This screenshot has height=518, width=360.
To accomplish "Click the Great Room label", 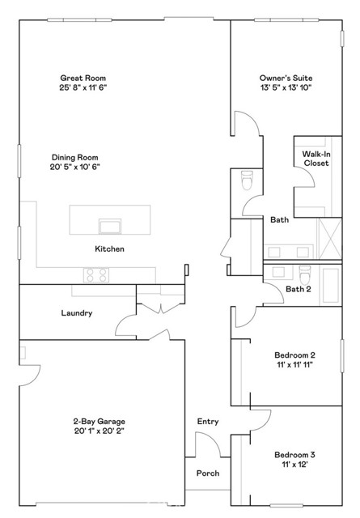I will point(73,79).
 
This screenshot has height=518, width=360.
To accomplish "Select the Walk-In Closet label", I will point(316,158).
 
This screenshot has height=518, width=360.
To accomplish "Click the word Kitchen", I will point(110,248).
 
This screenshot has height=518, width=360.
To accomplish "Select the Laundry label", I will point(76,313).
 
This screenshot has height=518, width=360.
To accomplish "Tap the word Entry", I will point(208,421).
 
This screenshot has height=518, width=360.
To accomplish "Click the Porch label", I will point(208,473).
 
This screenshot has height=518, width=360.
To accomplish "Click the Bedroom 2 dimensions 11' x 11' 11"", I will point(294,365).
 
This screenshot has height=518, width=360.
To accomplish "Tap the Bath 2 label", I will point(297,289).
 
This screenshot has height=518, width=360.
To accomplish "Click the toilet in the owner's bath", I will point(248,184).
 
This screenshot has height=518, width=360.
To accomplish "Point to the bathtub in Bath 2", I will point(331,284).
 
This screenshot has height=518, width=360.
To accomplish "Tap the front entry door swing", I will point(207,446).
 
